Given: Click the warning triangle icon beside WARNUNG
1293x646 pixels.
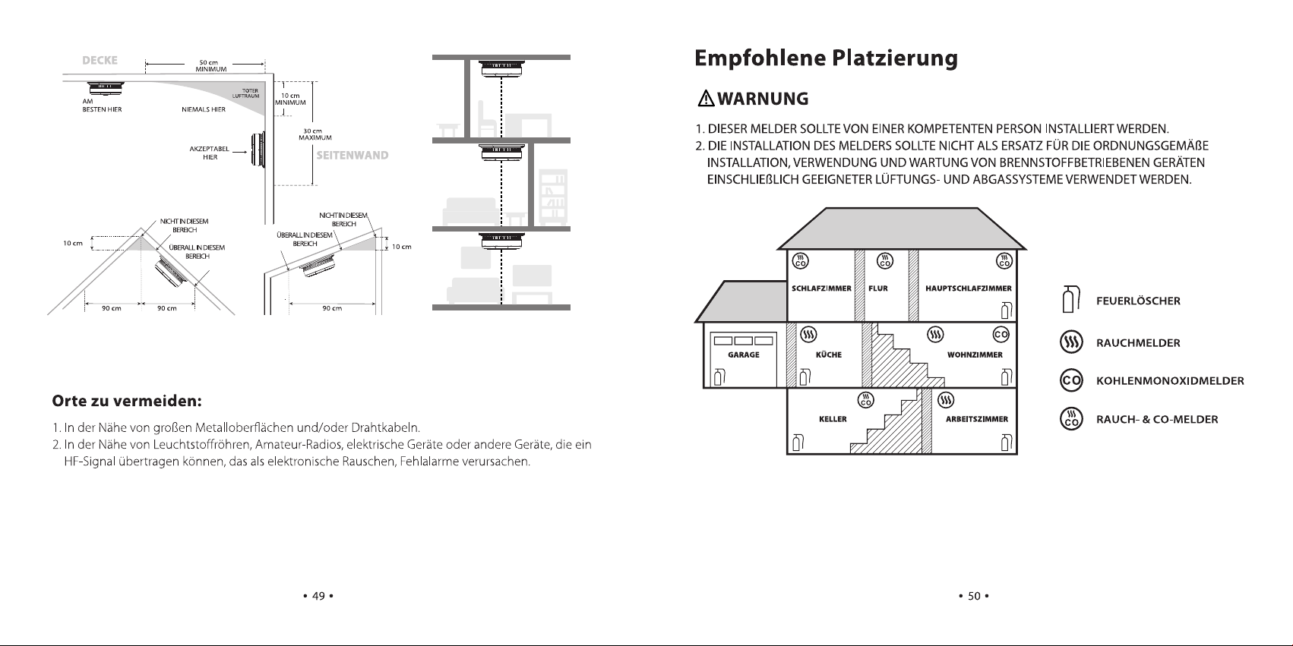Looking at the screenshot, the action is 706,99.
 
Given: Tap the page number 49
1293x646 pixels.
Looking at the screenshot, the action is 318,596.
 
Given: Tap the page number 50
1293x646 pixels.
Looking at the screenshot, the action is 974,596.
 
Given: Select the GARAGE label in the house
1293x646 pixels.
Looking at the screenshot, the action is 744,355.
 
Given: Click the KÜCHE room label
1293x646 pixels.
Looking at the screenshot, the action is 828,355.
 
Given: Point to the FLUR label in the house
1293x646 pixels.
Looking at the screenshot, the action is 878,288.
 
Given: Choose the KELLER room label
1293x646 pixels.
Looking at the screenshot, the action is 833,419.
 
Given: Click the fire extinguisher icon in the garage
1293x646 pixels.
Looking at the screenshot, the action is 719,377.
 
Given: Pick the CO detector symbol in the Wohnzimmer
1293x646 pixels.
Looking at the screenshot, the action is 1001,335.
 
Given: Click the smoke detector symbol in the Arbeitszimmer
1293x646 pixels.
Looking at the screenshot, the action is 946,400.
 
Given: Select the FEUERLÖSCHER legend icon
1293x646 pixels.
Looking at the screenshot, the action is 1070,299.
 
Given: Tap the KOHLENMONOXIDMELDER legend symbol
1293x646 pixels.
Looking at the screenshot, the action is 1071,380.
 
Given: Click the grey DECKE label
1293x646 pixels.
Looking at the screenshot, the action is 100,60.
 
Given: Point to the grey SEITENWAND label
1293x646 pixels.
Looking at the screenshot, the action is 352,155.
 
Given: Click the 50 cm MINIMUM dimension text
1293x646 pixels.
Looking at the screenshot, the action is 210,66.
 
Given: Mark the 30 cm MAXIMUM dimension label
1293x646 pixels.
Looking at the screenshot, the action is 315,134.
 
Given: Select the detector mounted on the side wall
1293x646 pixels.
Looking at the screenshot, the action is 258,151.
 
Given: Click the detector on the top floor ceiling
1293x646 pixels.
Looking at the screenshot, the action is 501,69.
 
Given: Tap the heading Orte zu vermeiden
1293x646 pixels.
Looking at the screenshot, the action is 127,401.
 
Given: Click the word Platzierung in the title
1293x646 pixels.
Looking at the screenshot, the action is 895,59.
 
